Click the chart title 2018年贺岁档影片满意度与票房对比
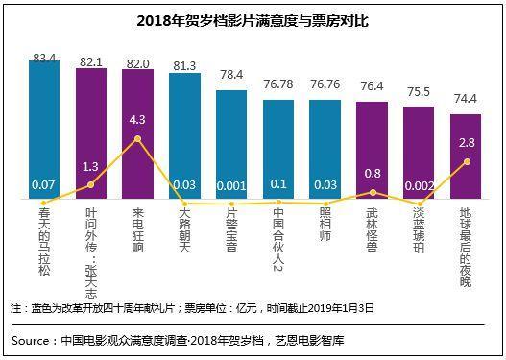click(253, 20)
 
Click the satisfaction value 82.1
click(91, 60)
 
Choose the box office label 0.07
click(44, 184)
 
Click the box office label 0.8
click(372, 174)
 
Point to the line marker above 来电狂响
click(138, 138)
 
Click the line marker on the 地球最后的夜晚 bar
click(466, 161)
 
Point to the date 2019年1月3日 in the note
click(336, 308)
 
